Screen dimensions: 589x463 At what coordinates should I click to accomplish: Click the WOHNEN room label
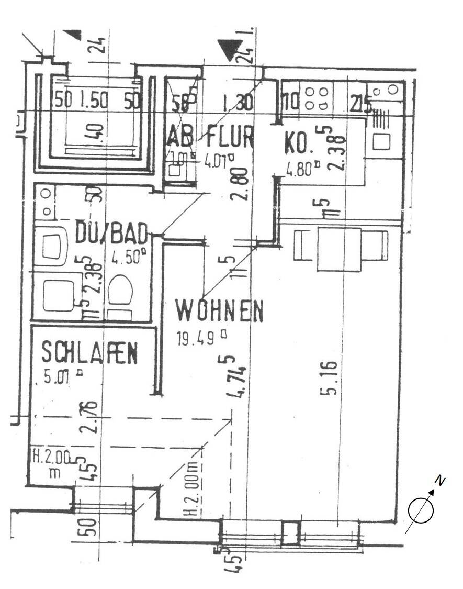click(x=219, y=311)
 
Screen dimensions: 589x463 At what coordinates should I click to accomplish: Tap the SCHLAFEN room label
click(x=89, y=353)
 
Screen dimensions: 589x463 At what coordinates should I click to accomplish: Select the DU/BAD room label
click(x=111, y=233)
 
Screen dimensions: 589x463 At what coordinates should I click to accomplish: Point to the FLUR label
click(x=230, y=137)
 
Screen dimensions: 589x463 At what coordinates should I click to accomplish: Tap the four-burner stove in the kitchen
click(x=317, y=98)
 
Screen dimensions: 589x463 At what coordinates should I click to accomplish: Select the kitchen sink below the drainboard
click(x=381, y=141)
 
